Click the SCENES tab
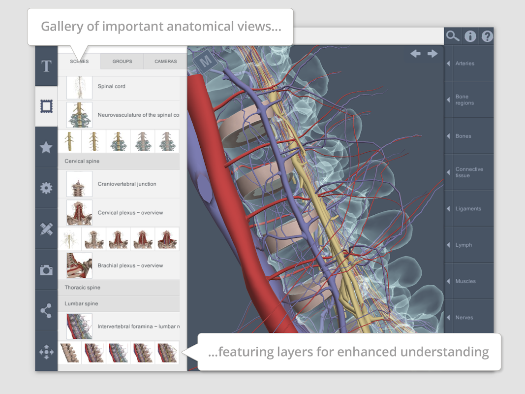click(79, 62)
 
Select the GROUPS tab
click(122, 62)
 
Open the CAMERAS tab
click(165, 62)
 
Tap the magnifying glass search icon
click(453, 36)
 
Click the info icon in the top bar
click(470, 36)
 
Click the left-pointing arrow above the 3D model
click(416, 54)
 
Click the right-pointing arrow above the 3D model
click(432, 54)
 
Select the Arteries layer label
click(464, 64)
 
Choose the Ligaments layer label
click(468, 209)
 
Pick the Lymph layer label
click(463, 245)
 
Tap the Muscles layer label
click(465, 281)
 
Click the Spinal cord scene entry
click(112, 87)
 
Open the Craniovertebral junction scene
click(127, 184)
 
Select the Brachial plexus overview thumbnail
click(79, 265)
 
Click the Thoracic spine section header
click(83, 288)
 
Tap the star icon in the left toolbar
click(46, 147)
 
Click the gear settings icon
click(46, 188)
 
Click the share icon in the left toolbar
click(46, 310)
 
